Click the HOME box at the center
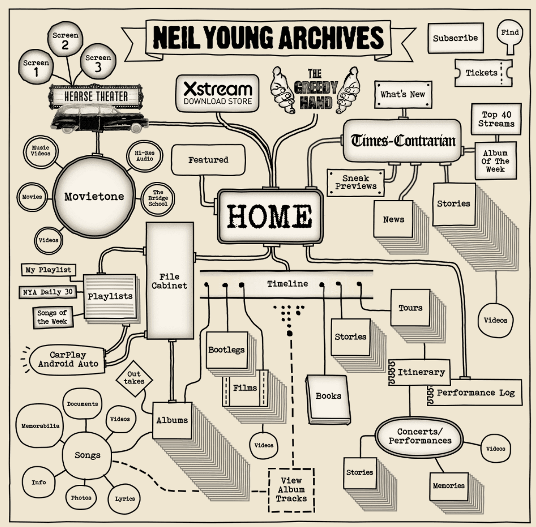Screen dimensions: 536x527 [x=270, y=216]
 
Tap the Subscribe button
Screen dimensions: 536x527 [x=456, y=38]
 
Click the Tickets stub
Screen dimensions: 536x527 [x=483, y=73]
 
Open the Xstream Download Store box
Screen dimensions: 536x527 [x=217, y=93]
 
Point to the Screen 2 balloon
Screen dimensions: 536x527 [x=65, y=40]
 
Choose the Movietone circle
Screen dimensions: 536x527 [x=94, y=197]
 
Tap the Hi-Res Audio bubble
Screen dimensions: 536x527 [x=145, y=156]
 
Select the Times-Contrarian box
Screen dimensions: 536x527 [x=402, y=141]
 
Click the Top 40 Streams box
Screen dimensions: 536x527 [x=496, y=119]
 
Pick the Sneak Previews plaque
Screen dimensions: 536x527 [x=356, y=183]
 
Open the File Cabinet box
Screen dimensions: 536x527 [x=170, y=281]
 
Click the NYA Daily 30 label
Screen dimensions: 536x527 [x=48, y=292]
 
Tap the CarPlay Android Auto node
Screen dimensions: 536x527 [x=68, y=360]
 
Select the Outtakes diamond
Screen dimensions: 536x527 [x=134, y=378]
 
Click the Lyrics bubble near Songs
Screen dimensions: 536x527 [x=125, y=499]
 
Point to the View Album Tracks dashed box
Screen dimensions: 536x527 [x=291, y=490]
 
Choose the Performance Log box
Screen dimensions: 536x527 [x=475, y=392]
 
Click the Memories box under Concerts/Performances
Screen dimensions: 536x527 [x=449, y=486]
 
